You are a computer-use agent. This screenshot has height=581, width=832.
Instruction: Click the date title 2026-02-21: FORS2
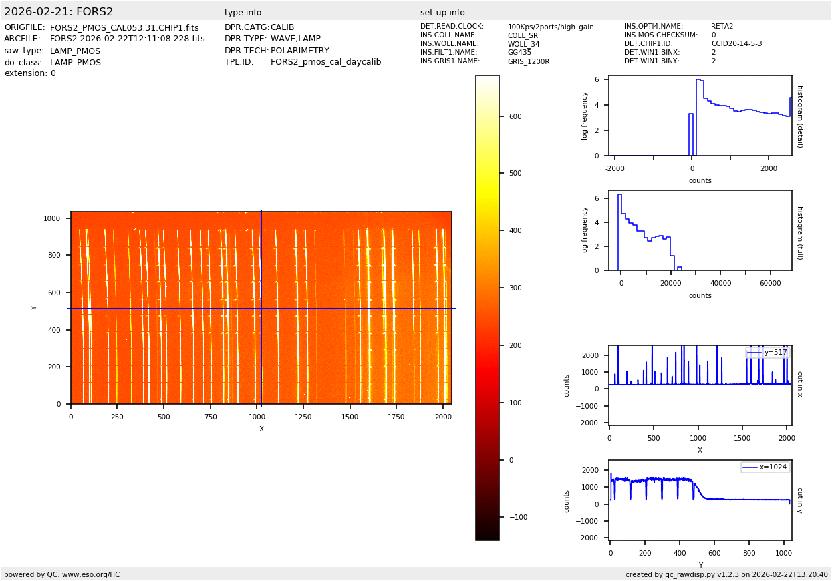(59, 12)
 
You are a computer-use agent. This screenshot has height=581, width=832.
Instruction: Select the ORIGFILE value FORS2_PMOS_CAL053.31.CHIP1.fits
(124, 28)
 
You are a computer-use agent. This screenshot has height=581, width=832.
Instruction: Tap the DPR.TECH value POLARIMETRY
(300, 51)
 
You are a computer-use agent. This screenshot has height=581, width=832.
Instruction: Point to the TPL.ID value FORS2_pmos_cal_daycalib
(325, 62)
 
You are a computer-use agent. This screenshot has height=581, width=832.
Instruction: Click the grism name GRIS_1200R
(528, 61)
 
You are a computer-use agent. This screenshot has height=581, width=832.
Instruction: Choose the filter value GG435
(519, 53)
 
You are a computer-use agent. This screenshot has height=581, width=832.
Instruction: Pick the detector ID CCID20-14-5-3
(736, 44)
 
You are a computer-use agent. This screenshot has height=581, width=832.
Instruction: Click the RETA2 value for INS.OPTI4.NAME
(722, 27)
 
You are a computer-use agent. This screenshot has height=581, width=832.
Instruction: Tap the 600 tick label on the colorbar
(515, 116)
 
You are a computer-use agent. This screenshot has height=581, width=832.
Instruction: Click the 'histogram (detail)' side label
(799, 116)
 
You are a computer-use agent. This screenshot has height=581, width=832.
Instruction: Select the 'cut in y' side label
(799, 500)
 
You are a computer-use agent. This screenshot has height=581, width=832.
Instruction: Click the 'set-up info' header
(442, 13)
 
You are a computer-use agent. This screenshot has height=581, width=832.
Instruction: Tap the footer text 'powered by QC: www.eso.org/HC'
(62, 574)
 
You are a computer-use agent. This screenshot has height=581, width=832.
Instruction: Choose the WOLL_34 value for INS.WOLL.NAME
(523, 44)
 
